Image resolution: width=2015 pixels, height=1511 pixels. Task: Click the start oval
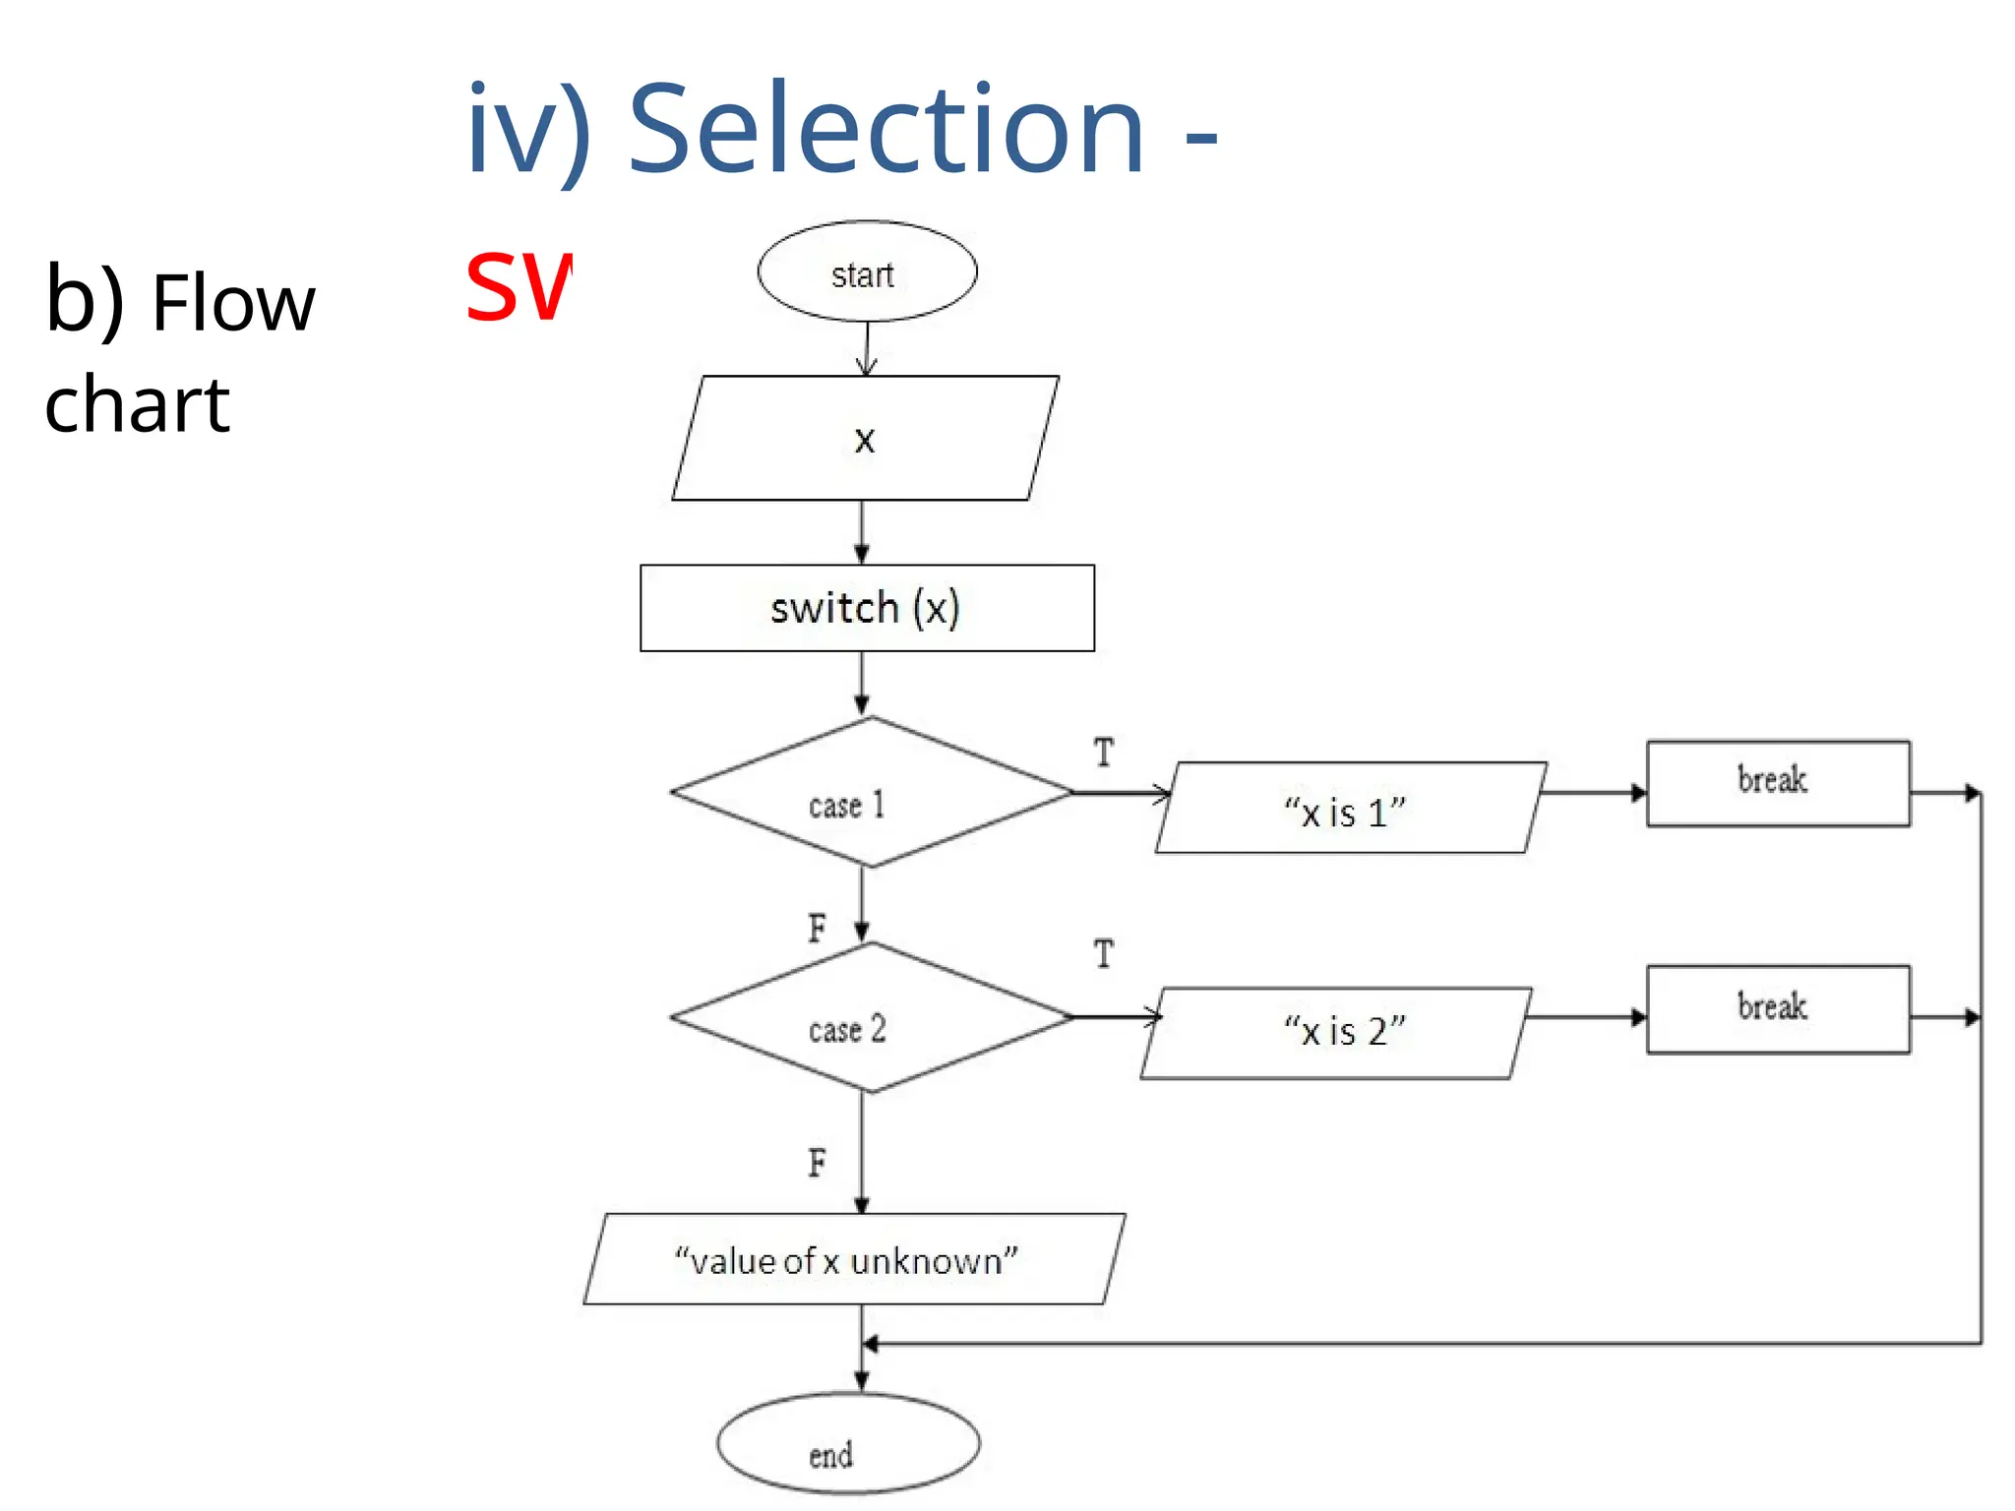tap(867, 272)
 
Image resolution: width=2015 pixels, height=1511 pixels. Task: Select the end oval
tap(847, 1444)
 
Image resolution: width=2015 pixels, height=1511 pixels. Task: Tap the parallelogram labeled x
tap(865, 439)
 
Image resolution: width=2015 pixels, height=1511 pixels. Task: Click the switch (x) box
tap(867, 608)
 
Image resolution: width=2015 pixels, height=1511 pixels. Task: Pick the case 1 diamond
tap(870, 793)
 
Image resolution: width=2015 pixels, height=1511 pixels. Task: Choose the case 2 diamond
tap(870, 1018)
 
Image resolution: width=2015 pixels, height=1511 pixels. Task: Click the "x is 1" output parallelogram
tap(1349, 809)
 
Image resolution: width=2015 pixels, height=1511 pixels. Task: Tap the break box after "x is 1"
tap(1778, 784)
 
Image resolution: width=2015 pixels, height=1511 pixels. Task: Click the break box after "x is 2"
tap(1778, 1009)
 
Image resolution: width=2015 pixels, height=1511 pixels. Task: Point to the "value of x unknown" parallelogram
tap(853, 1259)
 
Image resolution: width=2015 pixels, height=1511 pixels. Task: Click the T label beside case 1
tap(1104, 754)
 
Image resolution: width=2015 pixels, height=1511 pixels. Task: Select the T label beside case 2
tap(1104, 954)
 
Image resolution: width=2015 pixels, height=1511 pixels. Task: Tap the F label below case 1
tap(817, 928)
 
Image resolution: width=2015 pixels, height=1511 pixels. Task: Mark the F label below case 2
tap(817, 1163)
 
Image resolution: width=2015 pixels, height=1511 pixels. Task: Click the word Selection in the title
tap(885, 130)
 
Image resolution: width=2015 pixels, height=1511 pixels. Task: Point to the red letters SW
tap(518, 287)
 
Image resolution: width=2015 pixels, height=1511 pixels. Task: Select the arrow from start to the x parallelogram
tap(866, 349)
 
